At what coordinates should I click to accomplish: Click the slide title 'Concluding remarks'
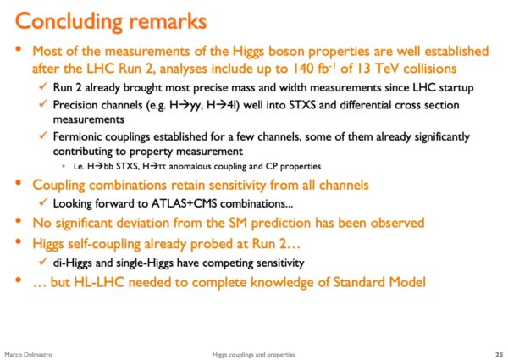(x=111, y=22)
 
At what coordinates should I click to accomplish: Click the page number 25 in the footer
(x=499, y=354)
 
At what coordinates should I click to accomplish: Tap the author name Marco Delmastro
(x=29, y=354)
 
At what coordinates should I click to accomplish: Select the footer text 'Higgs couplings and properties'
(x=254, y=354)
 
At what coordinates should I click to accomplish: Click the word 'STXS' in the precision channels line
(x=302, y=105)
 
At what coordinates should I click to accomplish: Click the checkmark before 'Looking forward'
(x=43, y=202)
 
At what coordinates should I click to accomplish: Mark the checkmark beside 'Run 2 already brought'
(x=43, y=86)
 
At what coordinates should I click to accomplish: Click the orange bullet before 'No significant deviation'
(x=18, y=221)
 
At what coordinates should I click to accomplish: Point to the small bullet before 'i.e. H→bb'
(x=63, y=166)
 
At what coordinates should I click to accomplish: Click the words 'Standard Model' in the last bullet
(x=379, y=282)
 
